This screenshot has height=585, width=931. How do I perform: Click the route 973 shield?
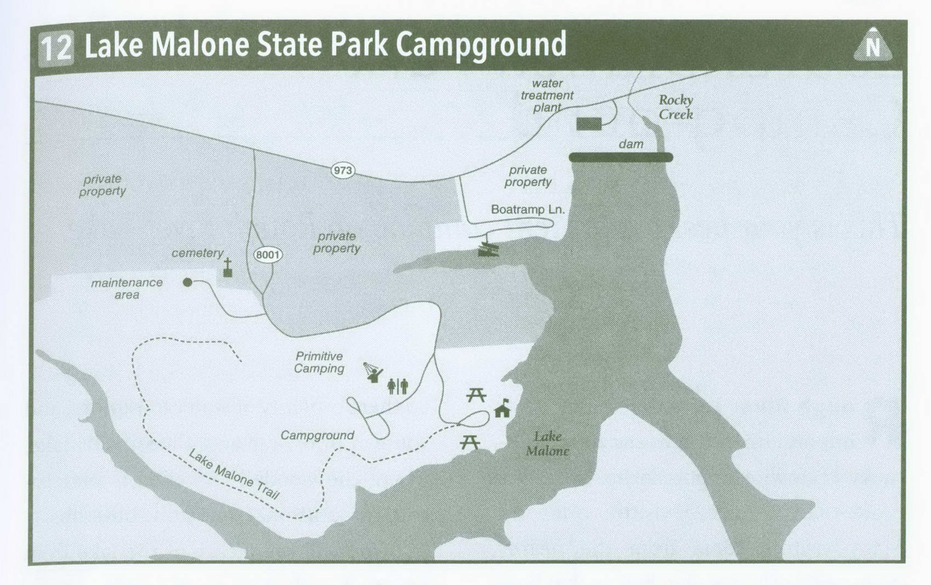coord(343,170)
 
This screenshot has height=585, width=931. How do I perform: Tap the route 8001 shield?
coord(268,254)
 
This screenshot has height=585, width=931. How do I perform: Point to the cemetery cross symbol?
coord(228,268)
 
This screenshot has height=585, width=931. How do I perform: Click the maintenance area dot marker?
coord(188,282)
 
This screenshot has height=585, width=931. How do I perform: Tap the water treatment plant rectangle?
coord(589,124)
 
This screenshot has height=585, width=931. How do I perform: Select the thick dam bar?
coord(620,158)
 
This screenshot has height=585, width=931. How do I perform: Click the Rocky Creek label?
coord(675,107)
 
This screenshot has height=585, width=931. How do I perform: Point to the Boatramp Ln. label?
coord(527,210)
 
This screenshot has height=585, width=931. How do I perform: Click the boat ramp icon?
coord(489,249)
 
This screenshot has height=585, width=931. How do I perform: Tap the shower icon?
coord(373,372)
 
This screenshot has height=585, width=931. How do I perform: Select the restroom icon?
coord(398,386)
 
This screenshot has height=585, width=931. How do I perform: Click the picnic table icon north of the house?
coord(476,395)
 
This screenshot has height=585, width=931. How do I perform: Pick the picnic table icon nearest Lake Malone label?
coord(470,442)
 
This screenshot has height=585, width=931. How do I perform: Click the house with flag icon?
coord(502,409)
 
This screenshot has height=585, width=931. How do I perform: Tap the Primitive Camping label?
coord(319,362)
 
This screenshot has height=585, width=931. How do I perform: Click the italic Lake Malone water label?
coord(547,443)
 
